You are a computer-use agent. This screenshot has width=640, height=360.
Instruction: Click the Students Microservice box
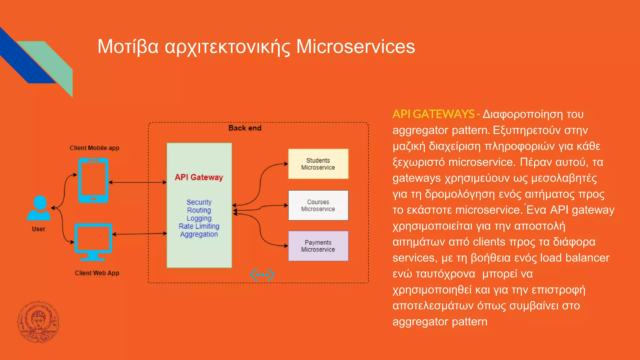point(318,164)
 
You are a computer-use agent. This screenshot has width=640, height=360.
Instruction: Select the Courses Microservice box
point(318,205)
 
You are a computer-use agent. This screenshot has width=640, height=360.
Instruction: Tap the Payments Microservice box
point(318,246)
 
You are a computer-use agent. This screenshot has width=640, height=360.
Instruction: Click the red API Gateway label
point(199,177)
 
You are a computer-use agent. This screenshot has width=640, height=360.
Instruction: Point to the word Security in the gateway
point(199,202)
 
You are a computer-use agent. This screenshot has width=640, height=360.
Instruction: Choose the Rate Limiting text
point(199,226)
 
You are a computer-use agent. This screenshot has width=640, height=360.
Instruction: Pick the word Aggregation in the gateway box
point(199,234)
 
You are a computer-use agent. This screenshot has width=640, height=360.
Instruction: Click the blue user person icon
point(39,208)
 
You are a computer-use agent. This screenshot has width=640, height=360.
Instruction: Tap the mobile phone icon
point(93,180)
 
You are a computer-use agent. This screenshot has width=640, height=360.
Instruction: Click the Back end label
point(245,128)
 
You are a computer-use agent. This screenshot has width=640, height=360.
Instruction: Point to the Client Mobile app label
point(94,148)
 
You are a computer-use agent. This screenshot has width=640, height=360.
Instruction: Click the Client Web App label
point(97,273)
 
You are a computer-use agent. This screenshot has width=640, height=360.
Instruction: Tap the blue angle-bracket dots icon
point(262,275)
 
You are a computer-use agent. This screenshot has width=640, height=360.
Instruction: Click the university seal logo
point(38,322)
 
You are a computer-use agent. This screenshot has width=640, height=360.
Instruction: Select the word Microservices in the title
point(355,47)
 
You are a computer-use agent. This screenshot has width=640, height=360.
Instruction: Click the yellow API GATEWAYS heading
point(433,114)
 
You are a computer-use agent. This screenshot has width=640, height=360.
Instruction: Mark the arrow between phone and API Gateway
point(137,182)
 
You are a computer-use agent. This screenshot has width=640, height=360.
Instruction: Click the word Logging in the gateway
point(199,218)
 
